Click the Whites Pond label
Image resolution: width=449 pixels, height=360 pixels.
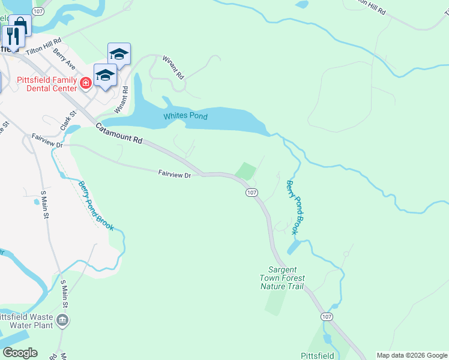[185, 116]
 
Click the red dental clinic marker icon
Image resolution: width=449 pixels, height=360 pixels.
[86, 82]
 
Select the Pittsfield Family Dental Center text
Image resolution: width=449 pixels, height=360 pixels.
[46, 84]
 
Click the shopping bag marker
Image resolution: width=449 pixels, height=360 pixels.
[20, 25]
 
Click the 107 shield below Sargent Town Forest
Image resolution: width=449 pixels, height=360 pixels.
[327, 316]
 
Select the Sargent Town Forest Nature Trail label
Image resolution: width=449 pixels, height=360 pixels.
[282, 278]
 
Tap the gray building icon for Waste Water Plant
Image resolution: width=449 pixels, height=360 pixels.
[62, 321]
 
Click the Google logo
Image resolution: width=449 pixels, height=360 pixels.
[20, 352]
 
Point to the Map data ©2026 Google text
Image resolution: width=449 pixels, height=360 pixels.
[411, 355]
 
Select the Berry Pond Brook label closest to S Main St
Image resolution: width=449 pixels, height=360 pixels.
[95, 205]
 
